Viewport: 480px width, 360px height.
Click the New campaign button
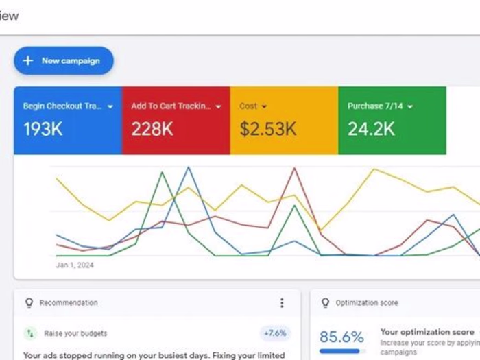[x=63, y=60]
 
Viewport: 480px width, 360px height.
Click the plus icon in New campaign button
[x=28, y=60]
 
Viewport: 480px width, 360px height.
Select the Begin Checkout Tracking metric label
[x=62, y=106]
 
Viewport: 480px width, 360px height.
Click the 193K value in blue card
[x=43, y=129]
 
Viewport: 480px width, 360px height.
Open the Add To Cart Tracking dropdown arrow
[x=219, y=107]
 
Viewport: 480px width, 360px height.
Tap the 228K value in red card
[x=152, y=129]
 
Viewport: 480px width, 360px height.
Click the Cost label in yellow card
[x=248, y=106]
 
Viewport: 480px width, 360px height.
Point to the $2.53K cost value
[x=268, y=129]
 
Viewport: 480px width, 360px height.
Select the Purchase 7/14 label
[x=374, y=106]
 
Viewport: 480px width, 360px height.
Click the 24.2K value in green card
[x=370, y=129]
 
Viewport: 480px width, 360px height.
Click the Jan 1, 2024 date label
[x=75, y=265]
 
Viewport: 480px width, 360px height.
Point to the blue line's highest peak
[x=189, y=167]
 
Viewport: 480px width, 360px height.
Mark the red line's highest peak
[x=295, y=168]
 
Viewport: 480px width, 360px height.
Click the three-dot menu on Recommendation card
[x=281, y=302]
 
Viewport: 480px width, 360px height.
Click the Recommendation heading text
[x=69, y=302]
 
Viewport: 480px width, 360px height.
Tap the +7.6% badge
[x=275, y=333]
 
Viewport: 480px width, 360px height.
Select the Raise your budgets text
[x=75, y=333]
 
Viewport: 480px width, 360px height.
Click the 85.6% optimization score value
[x=341, y=337]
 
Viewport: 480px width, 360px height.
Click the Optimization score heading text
[x=367, y=302]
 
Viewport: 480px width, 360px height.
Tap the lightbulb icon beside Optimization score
[x=324, y=302]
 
